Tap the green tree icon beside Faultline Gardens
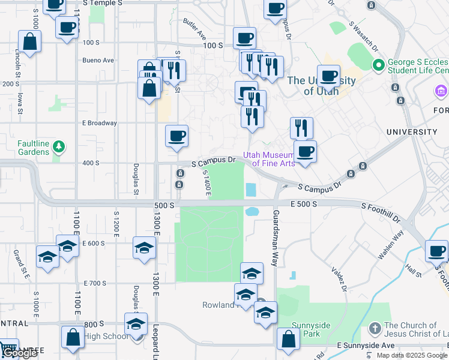(58, 145)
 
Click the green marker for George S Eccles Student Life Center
(379, 65)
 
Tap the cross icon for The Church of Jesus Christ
(375, 328)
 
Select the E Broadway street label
(99, 123)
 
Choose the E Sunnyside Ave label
(366, 346)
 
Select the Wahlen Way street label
(390, 247)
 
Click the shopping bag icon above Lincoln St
(29, 42)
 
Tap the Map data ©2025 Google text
(412, 355)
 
